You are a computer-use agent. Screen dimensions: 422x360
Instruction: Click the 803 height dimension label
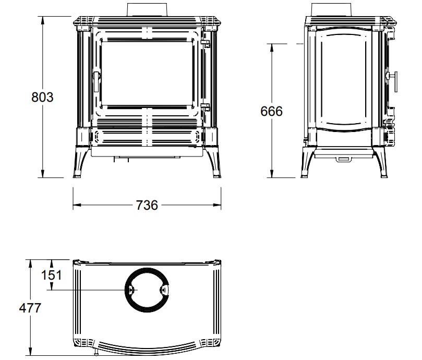tap(42, 97)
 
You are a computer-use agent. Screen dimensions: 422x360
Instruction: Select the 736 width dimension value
tap(147, 205)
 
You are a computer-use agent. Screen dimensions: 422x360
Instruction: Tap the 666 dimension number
tap(272, 111)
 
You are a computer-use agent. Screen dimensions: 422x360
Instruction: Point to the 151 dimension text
tap(52, 275)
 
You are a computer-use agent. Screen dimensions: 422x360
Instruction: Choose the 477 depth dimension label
tap(30, 308)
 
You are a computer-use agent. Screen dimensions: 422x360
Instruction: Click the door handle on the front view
tap(97, 81)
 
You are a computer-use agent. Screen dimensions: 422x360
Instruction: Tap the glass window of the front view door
tap(148, 73)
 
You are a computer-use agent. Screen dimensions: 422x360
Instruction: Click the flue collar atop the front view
tap(147, 10)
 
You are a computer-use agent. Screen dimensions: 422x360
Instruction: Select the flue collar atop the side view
tap(331, 10)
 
